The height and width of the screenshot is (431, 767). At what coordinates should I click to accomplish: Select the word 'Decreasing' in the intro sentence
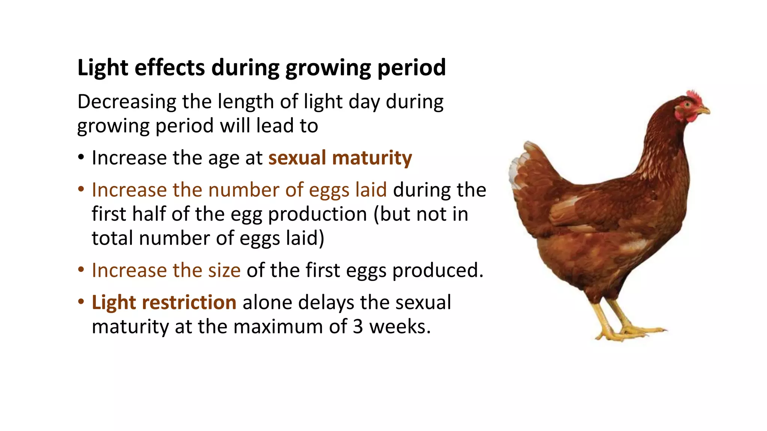point(127,102)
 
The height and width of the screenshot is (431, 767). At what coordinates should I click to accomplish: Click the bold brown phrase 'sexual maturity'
point(340,158)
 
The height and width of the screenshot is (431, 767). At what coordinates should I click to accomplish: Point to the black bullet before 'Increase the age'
point(81,158)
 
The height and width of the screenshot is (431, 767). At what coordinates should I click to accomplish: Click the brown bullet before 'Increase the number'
point(81,190)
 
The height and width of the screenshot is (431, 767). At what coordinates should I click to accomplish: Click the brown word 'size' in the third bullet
point(224,270)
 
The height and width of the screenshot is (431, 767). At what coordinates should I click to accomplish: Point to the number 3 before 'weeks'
point(358,327)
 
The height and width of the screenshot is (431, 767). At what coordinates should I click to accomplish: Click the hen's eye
point(688,105)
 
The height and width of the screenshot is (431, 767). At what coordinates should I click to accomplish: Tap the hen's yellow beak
point(704,110)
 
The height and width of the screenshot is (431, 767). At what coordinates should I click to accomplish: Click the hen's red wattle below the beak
point(691,118)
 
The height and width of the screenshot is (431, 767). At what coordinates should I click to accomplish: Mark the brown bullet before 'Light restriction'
point(81,302)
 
